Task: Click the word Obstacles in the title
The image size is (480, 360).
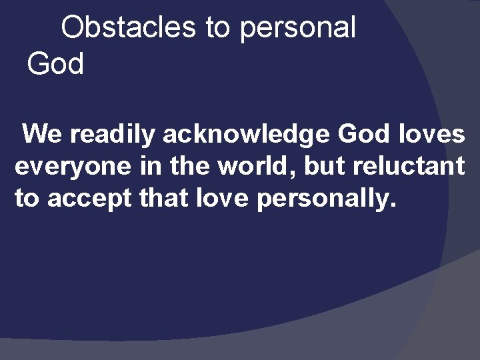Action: pyautogui.click(x=129, y=27)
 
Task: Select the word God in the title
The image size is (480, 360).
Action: pyautogui.click(x=55, y=64)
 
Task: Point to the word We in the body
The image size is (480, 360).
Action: pyautogui.click(x=45, y=135)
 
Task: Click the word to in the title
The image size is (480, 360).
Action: pyautogui.click(x=217, y=27)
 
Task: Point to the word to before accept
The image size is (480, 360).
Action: pyautogui.click(x=27, y=198)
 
